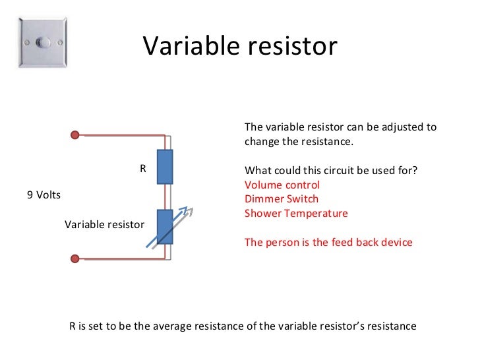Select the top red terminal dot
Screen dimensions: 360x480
pyautogui.click(x=76, y=135)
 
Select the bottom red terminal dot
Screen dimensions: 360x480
pyautogui.click(x=76, y=257)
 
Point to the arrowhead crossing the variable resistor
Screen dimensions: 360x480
pyautogui.click(x=190, y=211)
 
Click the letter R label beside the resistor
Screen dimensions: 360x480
pyautogui.click(x=142, y=169)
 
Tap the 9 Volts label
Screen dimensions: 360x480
pyautogui.click(x=44, y=195)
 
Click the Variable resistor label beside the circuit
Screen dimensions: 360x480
pyautogui.click(x=104, y=224)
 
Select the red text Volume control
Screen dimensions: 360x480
pyautogui.click(x=282, y=185)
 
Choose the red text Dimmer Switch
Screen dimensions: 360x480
pyautogui.click(x=281, y=199)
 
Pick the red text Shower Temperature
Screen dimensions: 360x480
pyautogui.click(x=296, y=214)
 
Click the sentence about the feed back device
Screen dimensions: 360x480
pyautogui.click(x=328, y=242)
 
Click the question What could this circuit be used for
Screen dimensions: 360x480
pyautogui.click(x=330, y=171)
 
